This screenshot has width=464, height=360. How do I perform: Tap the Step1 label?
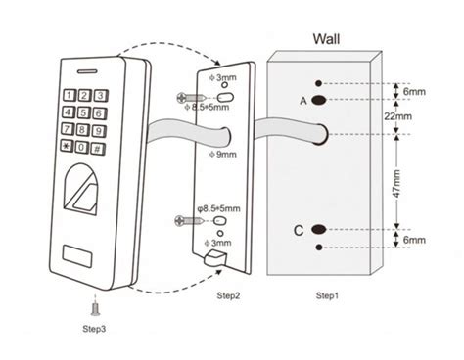click(x=328, y=294)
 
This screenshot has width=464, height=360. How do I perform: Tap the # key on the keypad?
click(x=97, y=148)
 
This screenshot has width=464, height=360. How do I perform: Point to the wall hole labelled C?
click(x=319, y=229)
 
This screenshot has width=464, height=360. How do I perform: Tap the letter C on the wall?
click(x=298, y=230)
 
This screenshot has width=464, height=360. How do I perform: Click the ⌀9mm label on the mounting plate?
click(x=223, y=154)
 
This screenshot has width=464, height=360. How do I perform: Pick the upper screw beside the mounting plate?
click(x=188, y=97)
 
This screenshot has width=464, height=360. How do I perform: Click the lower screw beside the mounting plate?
click(x=186, y=221)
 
